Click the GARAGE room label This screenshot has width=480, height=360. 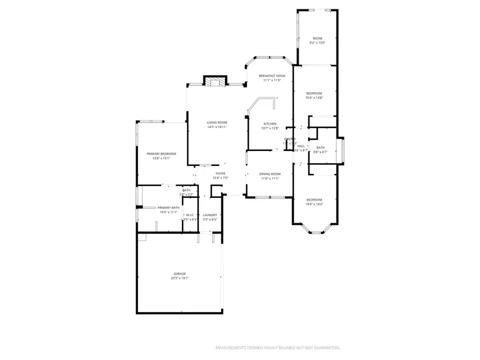pyautogui.click(x=179, y=274)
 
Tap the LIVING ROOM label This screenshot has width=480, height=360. pyautogui.click(x=217, y=123)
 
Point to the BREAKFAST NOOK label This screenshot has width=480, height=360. pyautogui.click(x=272, y=76)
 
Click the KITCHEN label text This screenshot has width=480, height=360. pyautogui.click(x=269, y=124)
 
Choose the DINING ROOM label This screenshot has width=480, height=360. pyautogui.click(x=270, y=174)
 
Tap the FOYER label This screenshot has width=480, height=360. pyautogui.click(x=220, y=173)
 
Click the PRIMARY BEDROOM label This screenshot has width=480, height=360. pyautogui.click(x=161, y=154)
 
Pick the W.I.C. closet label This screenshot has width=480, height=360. pyautogui.click(x=190, y=215)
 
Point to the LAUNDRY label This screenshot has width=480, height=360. pyautogui.click(x=210, y=215)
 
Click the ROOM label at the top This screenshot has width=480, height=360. pyautogui.click(x=317, y=38)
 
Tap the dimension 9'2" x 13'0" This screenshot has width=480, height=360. pyautogui.click(x=317, y=43)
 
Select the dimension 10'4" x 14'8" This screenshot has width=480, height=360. pyautogui.click(x=314, y=98)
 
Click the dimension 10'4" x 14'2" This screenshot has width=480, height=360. pyautogui.click(x=314, y=204)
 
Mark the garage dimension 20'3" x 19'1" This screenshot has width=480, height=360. pyautogui.click(x=179, y=278)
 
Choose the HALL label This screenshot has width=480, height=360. pyautogui.click(x=301, y=146)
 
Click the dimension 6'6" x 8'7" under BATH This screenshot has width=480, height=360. pyautogui.click(x=320, y=152)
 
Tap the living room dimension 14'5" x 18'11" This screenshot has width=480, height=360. pyautogui.click(x=217, y=127)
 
